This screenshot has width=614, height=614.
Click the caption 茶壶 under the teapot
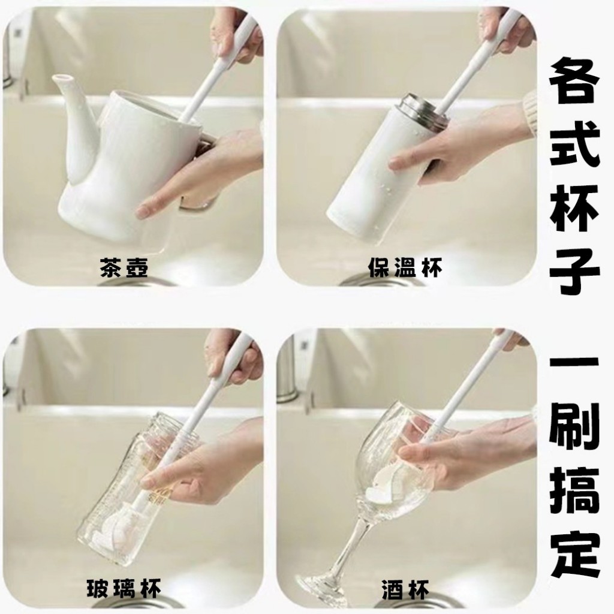tap(124, 267)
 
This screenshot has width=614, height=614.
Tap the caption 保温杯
tap(405, 267)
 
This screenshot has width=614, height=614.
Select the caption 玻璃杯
tap(124, 589)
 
